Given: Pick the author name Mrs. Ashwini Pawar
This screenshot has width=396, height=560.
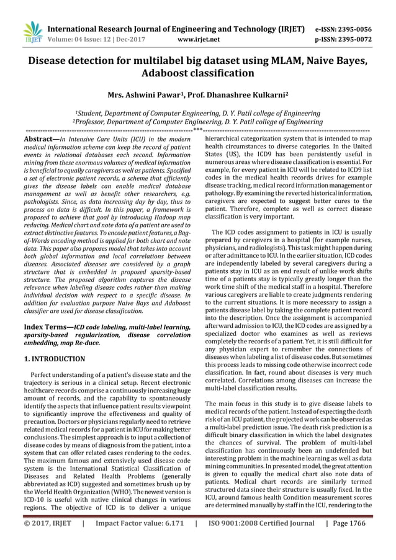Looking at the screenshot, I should [143, 96].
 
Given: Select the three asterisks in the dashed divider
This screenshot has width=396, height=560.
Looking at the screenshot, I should [197, 130].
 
